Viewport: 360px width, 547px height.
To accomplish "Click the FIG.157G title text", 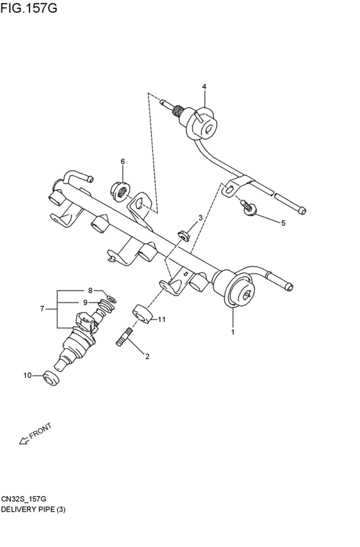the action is [x=28, y=8].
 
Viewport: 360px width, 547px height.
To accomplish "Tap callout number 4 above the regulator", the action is [x=204, y=86].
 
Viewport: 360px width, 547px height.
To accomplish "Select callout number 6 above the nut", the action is [x=122, y=161].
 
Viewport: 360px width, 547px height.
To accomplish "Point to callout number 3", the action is [x=200, y=218].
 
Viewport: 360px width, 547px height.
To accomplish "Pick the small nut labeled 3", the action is [x=183, y=236].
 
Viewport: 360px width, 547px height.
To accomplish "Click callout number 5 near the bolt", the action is [x=283, y=223].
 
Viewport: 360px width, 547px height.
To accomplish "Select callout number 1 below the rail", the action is [x=233, y=332].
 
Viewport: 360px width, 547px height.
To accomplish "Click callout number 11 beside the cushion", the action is [x=161, y=319].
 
